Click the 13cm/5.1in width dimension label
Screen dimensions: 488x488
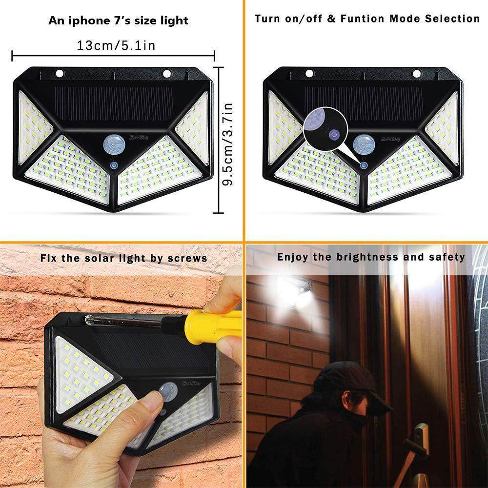coord(116,46)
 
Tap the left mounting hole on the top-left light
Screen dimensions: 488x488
coord(60,74)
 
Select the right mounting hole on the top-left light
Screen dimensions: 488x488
coord(167,74)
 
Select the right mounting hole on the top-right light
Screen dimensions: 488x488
coord(416,74)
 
